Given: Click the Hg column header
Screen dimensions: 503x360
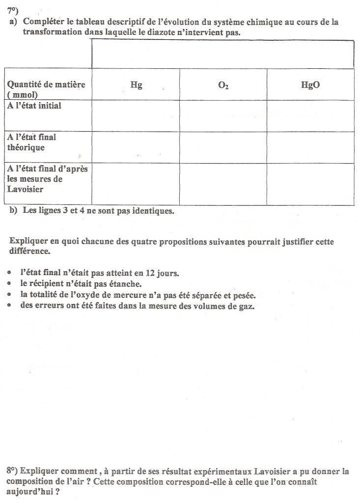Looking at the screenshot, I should (136, 84).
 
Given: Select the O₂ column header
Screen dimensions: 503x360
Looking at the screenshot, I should (223, 85).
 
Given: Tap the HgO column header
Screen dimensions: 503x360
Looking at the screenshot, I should (310, 84).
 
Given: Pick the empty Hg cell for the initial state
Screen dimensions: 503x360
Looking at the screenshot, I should (136, 116).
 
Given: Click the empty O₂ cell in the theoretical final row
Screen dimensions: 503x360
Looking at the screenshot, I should (223, 147).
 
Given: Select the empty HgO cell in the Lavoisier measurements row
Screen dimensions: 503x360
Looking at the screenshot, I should (310, 184).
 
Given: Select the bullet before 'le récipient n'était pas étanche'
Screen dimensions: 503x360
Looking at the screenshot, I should (11, 284).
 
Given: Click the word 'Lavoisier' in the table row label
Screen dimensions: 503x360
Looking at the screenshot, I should (25, 189).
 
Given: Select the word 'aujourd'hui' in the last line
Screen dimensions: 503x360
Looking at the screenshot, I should (28, 492).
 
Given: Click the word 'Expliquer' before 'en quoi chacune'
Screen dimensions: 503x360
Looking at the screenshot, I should (28, 241).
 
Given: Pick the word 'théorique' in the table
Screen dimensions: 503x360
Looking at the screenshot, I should (26, 147).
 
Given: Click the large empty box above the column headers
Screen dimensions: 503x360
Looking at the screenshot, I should (223, 54).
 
